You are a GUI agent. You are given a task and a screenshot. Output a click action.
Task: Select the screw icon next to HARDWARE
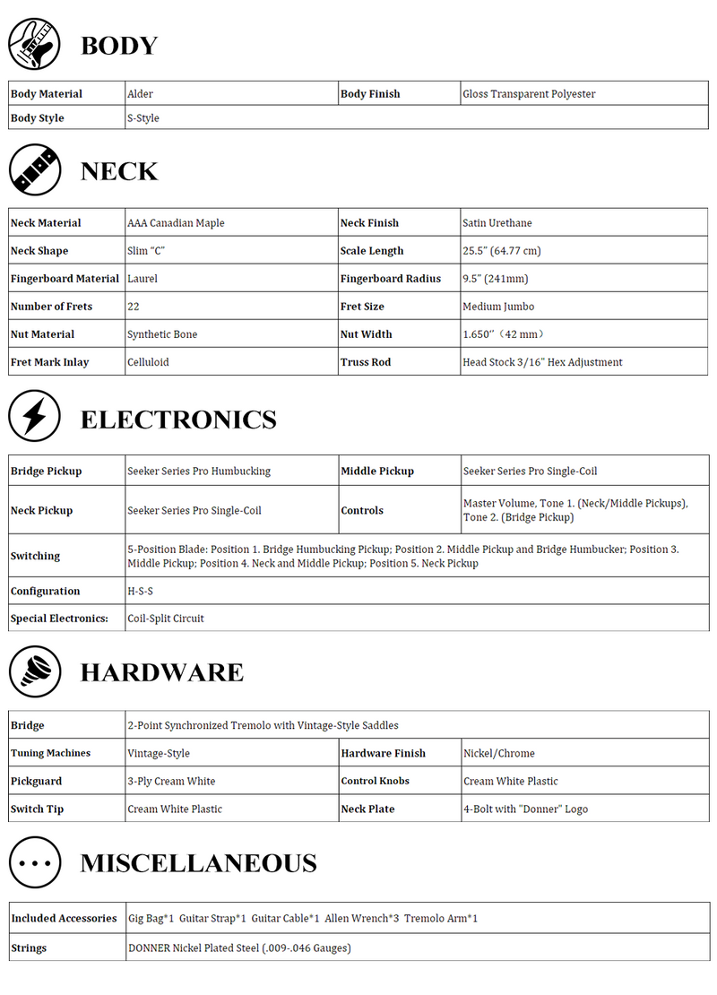tap(35, 671)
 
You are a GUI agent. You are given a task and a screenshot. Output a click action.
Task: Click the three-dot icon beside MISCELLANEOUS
tap(35, 862)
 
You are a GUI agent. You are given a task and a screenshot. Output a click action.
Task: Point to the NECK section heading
tap(119, 171)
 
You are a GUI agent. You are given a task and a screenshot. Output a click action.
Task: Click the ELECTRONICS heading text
tap(178, 420)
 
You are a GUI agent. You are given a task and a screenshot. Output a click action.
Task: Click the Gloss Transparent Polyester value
tap(529, 94)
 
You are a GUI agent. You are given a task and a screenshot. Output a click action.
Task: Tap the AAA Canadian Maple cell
tap(176, 223)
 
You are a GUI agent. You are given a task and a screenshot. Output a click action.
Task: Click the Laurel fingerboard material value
tap(143, 279)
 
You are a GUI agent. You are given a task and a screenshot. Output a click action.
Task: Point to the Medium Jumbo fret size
tap(498, 307)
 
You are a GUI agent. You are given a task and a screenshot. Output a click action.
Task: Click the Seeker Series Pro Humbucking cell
tap(199, 472)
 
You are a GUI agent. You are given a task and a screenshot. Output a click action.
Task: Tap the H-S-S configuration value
tap(141, 592)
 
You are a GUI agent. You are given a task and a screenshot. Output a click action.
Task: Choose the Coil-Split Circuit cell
tap(166, 619)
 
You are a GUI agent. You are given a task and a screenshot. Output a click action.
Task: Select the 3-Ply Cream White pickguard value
tap(171, 782)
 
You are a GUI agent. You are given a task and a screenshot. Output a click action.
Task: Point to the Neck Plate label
tap(367, 809)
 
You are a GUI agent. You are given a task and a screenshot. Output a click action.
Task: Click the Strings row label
tap(29, 948)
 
